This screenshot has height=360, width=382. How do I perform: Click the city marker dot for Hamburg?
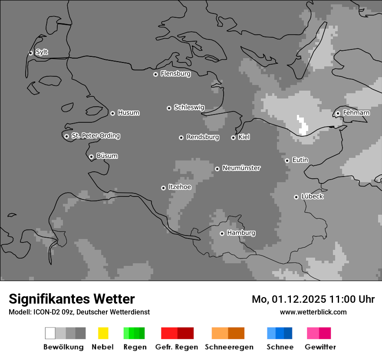222,233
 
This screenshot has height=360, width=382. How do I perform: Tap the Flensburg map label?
175,74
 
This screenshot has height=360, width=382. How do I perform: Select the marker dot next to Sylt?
30,53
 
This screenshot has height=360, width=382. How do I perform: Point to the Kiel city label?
244,137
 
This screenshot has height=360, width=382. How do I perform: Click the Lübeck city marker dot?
296,197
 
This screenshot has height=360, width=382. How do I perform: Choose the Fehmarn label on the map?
356,113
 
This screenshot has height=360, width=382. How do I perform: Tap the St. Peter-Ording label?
95,136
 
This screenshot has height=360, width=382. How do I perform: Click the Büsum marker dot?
91,157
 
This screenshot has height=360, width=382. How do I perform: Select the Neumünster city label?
241,168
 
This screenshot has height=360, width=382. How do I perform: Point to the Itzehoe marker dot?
163,188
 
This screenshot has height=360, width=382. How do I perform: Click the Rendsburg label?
202,137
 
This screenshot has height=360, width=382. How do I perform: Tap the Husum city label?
128,113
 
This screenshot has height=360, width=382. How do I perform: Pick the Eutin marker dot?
287,160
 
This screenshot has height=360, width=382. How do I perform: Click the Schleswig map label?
189,107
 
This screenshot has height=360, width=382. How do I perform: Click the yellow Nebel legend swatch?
103,333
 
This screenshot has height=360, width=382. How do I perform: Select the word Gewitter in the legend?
320,347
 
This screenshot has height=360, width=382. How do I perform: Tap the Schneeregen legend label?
229,347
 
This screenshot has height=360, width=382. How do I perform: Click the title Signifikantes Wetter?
72,299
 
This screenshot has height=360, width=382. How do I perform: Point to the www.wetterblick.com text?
313,312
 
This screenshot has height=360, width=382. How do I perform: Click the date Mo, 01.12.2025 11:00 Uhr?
313,299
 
